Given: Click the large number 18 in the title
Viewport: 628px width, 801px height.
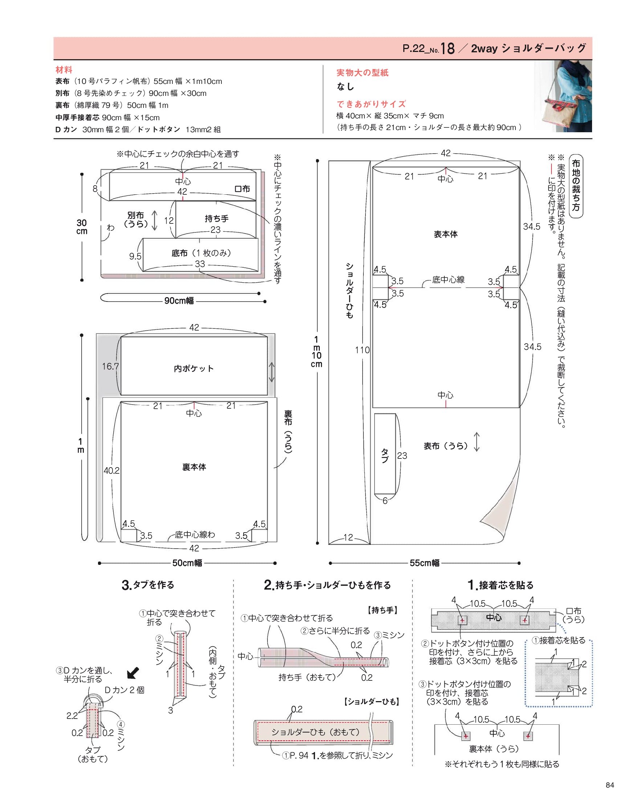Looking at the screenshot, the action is click(448, 48).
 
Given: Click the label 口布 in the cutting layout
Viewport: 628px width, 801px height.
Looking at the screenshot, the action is click(242, 189).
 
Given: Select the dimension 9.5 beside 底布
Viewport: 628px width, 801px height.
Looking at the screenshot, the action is click(135, 256).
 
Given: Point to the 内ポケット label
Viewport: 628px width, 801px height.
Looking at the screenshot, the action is click(194, 368).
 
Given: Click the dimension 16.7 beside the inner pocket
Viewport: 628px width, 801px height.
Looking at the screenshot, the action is click(110, 366).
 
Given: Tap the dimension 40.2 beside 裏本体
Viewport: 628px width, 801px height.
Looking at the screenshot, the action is click(111, 470).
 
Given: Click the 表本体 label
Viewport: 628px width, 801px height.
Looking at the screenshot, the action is click(446, 234).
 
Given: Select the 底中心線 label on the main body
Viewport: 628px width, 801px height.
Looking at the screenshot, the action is click(448, 280).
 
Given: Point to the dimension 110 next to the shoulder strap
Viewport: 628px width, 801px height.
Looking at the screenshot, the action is click(362, 350).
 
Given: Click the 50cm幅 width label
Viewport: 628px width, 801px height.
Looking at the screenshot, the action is click(187, 563).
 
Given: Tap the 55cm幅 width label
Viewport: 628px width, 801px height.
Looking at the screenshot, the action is click(425, 563).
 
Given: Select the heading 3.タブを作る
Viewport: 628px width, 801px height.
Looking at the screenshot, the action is click(148, 584).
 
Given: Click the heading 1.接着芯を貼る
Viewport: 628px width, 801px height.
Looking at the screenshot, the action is click(501, 584).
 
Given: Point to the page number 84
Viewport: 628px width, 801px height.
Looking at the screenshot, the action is click(610, 785).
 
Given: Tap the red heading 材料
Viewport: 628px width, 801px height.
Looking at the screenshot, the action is click(64, 69).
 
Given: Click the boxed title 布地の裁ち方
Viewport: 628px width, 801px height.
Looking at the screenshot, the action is click(576, 186).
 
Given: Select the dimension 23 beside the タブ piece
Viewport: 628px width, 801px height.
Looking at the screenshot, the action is click(402, 456).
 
